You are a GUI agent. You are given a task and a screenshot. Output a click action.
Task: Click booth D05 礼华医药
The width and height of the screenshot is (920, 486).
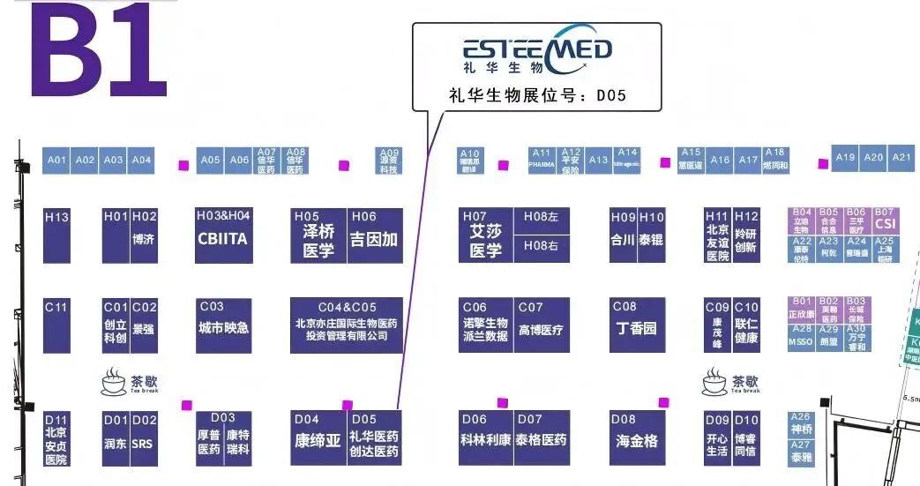tap(375, 437)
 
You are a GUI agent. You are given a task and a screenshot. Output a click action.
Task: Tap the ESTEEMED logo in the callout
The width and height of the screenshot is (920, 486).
tap(538, 51)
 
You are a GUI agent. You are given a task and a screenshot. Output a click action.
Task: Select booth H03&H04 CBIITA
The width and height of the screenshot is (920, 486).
tap(223, 235)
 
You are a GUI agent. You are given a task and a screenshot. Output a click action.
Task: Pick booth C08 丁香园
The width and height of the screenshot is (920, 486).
tap(636, 325)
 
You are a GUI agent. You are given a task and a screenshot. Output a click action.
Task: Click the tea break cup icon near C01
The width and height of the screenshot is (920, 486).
tap(114, 382)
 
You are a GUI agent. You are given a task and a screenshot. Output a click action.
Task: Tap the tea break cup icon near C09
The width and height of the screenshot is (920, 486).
tap(715, 382)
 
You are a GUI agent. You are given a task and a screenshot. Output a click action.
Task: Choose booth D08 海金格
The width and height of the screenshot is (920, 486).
tap(636, 437)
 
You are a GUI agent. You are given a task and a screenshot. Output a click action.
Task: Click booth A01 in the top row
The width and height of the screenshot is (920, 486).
tap(56, 160)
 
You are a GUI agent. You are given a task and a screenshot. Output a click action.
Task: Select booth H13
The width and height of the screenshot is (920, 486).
tap(56, 235)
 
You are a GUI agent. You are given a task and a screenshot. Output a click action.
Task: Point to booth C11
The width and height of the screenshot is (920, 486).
tap(56, 325)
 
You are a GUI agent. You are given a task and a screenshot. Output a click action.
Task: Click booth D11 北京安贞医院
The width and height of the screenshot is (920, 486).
tap(56, 438)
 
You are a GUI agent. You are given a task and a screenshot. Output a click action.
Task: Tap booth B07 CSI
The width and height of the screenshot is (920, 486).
tap(885, 220)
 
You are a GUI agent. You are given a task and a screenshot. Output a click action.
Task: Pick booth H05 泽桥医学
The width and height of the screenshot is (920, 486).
tap(318, 235)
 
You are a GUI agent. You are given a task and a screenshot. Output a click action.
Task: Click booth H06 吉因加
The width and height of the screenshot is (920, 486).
tap(375, 235)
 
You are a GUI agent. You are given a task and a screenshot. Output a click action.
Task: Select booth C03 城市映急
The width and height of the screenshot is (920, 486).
tap(223, 325)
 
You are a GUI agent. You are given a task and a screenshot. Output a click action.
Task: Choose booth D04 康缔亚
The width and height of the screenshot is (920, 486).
tap(318, 437)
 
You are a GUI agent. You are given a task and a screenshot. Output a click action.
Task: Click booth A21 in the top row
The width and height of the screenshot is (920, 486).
tap(901, 157)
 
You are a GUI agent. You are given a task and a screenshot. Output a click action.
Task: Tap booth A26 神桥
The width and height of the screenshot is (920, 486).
tap(800, 423)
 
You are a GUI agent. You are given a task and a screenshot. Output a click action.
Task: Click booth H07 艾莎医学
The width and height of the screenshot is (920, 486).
tap(485, 235)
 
